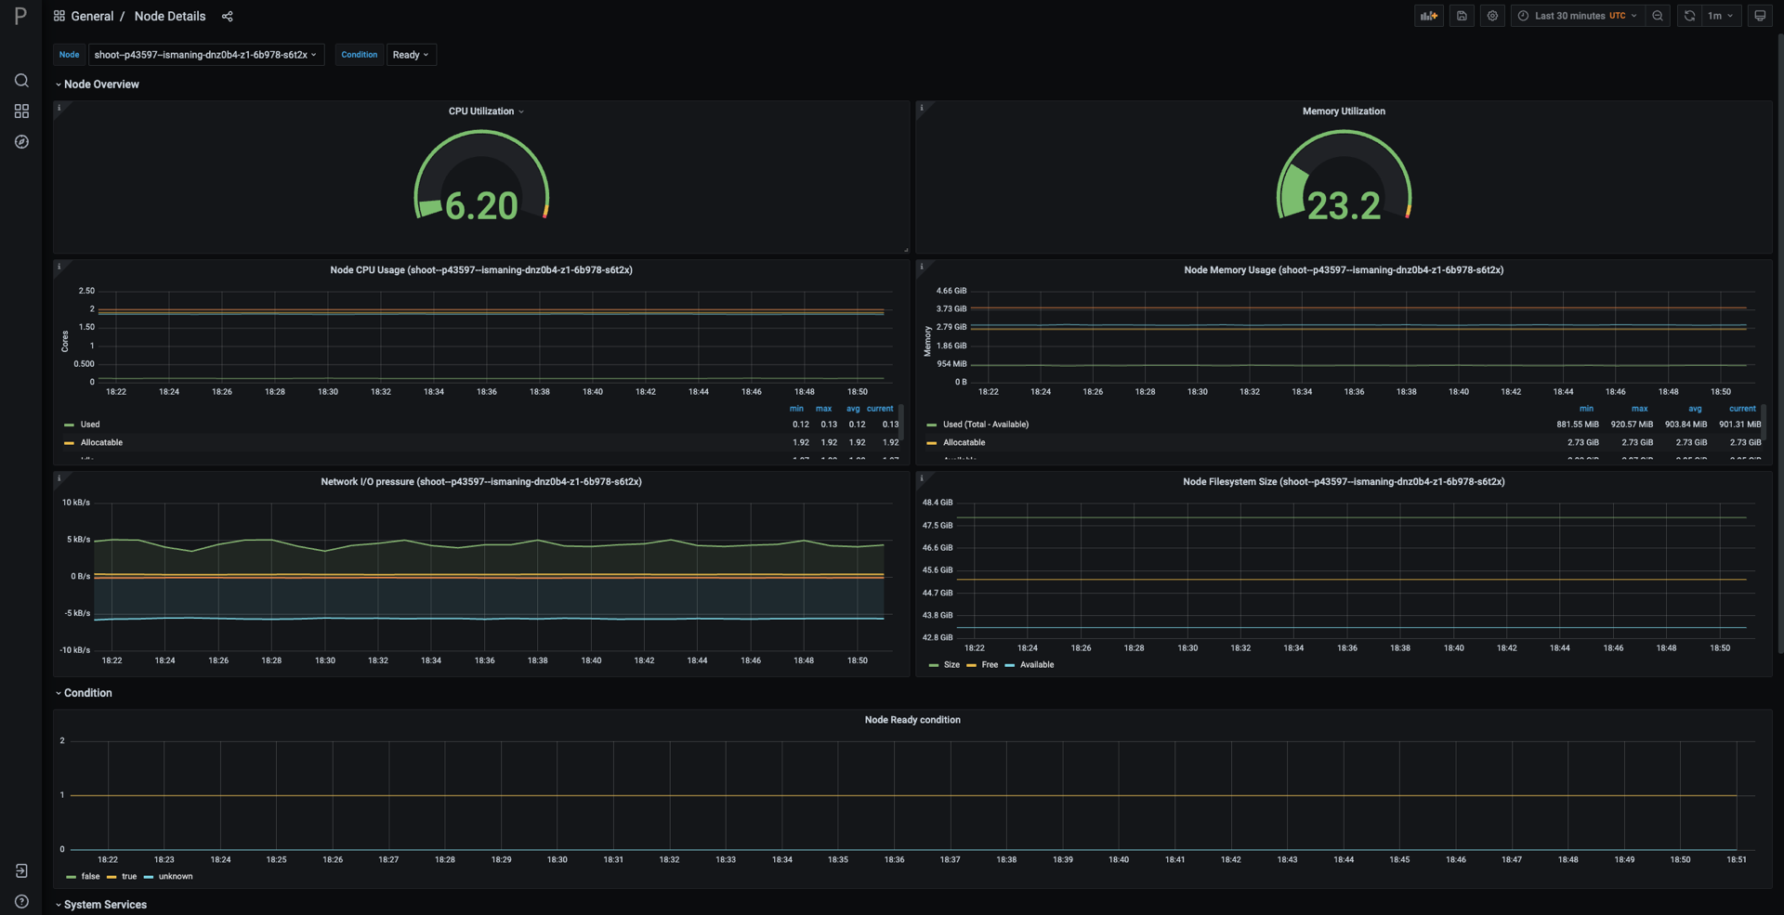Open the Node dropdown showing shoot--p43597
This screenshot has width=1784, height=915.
[x=205, y=55]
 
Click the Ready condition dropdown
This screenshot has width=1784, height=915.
[x=411, y=55]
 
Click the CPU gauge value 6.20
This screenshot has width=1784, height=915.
[x=481, y=206]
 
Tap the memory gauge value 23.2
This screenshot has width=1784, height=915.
[x=1344, y=206]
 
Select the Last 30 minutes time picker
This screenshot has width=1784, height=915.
[x=1578, y=16]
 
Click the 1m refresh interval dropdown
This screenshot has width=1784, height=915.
[x=1720, y=16]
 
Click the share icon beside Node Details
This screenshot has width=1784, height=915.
[x=228, y=16]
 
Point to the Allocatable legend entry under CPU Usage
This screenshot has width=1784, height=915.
[x=101, y=443]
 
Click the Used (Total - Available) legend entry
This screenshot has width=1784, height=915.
[x=985, y=425]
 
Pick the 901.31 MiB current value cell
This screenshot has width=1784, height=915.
[x=1739, y=425]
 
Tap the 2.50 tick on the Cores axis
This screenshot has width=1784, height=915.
[x=85, y=291]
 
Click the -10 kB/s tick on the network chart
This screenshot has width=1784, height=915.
[x=75, y=650]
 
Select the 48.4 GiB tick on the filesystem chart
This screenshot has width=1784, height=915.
[x=937, y=503]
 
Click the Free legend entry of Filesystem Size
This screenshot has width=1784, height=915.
[x=989, y=665]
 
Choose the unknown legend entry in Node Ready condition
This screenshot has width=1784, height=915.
[x=175, y=877]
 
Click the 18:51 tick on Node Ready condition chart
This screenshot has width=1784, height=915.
[x=1736, y=860]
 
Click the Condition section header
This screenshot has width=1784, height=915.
[x=87, y=693]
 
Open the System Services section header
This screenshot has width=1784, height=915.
[x=104, y=905]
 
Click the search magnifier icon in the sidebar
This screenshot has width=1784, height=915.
[x=21, y=81]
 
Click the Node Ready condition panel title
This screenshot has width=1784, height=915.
[x=912, y=720]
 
